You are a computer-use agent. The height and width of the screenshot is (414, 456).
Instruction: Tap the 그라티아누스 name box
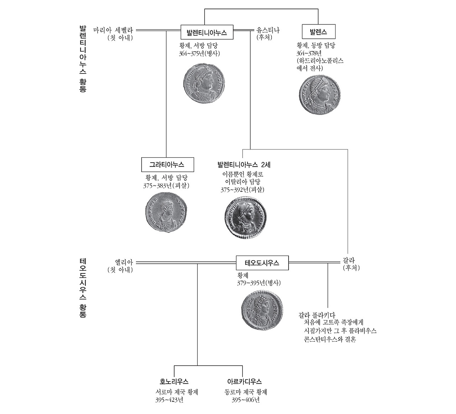point(167,165)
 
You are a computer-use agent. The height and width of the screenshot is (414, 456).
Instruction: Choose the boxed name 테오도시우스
point(262,263)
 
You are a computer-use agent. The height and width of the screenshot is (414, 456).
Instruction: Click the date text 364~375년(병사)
point(199,54)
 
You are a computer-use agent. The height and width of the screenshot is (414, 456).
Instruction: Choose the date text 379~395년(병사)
point(259,283)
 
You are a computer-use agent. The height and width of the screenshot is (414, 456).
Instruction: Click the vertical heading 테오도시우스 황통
point(83,288)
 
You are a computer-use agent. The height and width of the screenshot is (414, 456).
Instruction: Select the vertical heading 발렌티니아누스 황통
point(83,59)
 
